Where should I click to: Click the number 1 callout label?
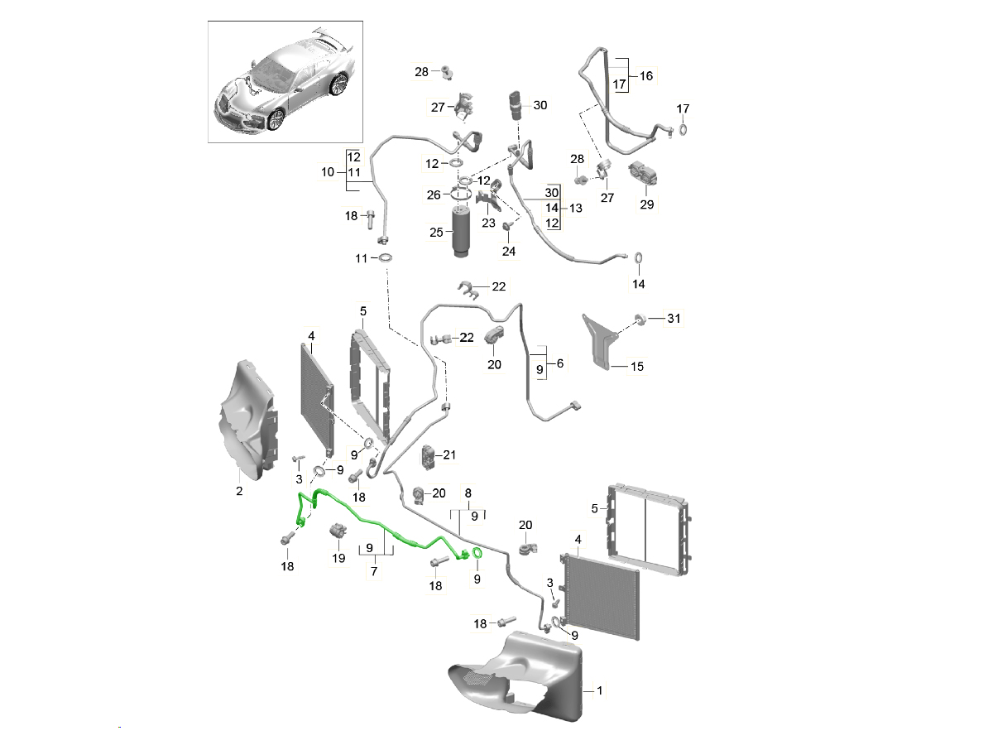click(x=601, y=689)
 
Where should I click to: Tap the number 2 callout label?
click(x=239, y=492)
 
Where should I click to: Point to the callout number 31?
click(x=674, y=319)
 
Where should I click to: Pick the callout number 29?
click(x=647, y=204)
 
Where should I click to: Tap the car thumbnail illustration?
click(x=285, y=83)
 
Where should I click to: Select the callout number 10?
click(x=328, y=172)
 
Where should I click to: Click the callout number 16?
click(x=645, y=75)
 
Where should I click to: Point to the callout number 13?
click(x=575, y=208)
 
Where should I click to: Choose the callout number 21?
click(x=449, y=454)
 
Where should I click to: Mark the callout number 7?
click(x=374, y=571)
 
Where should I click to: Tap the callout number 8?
click(x=468, y=493)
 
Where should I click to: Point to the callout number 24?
click(x=509, y=251)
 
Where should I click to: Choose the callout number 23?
click(x=489, y=223)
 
